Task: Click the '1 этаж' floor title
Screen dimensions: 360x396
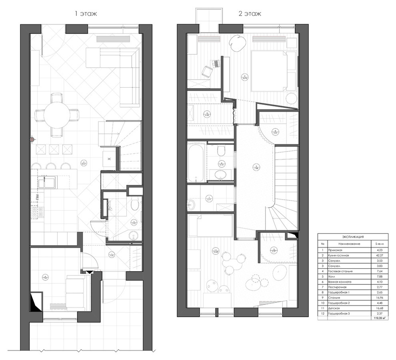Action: pos(86,14)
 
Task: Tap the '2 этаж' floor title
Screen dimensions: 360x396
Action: pos(250,14)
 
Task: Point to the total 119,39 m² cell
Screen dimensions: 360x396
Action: pos(377,319)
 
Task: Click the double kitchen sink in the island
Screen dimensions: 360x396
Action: pos(48,183)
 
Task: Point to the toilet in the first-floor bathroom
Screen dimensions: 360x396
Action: pos(135,206)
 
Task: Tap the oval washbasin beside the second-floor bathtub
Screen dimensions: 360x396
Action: pos(221,175)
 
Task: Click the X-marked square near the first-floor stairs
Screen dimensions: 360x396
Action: pos(109,158)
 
